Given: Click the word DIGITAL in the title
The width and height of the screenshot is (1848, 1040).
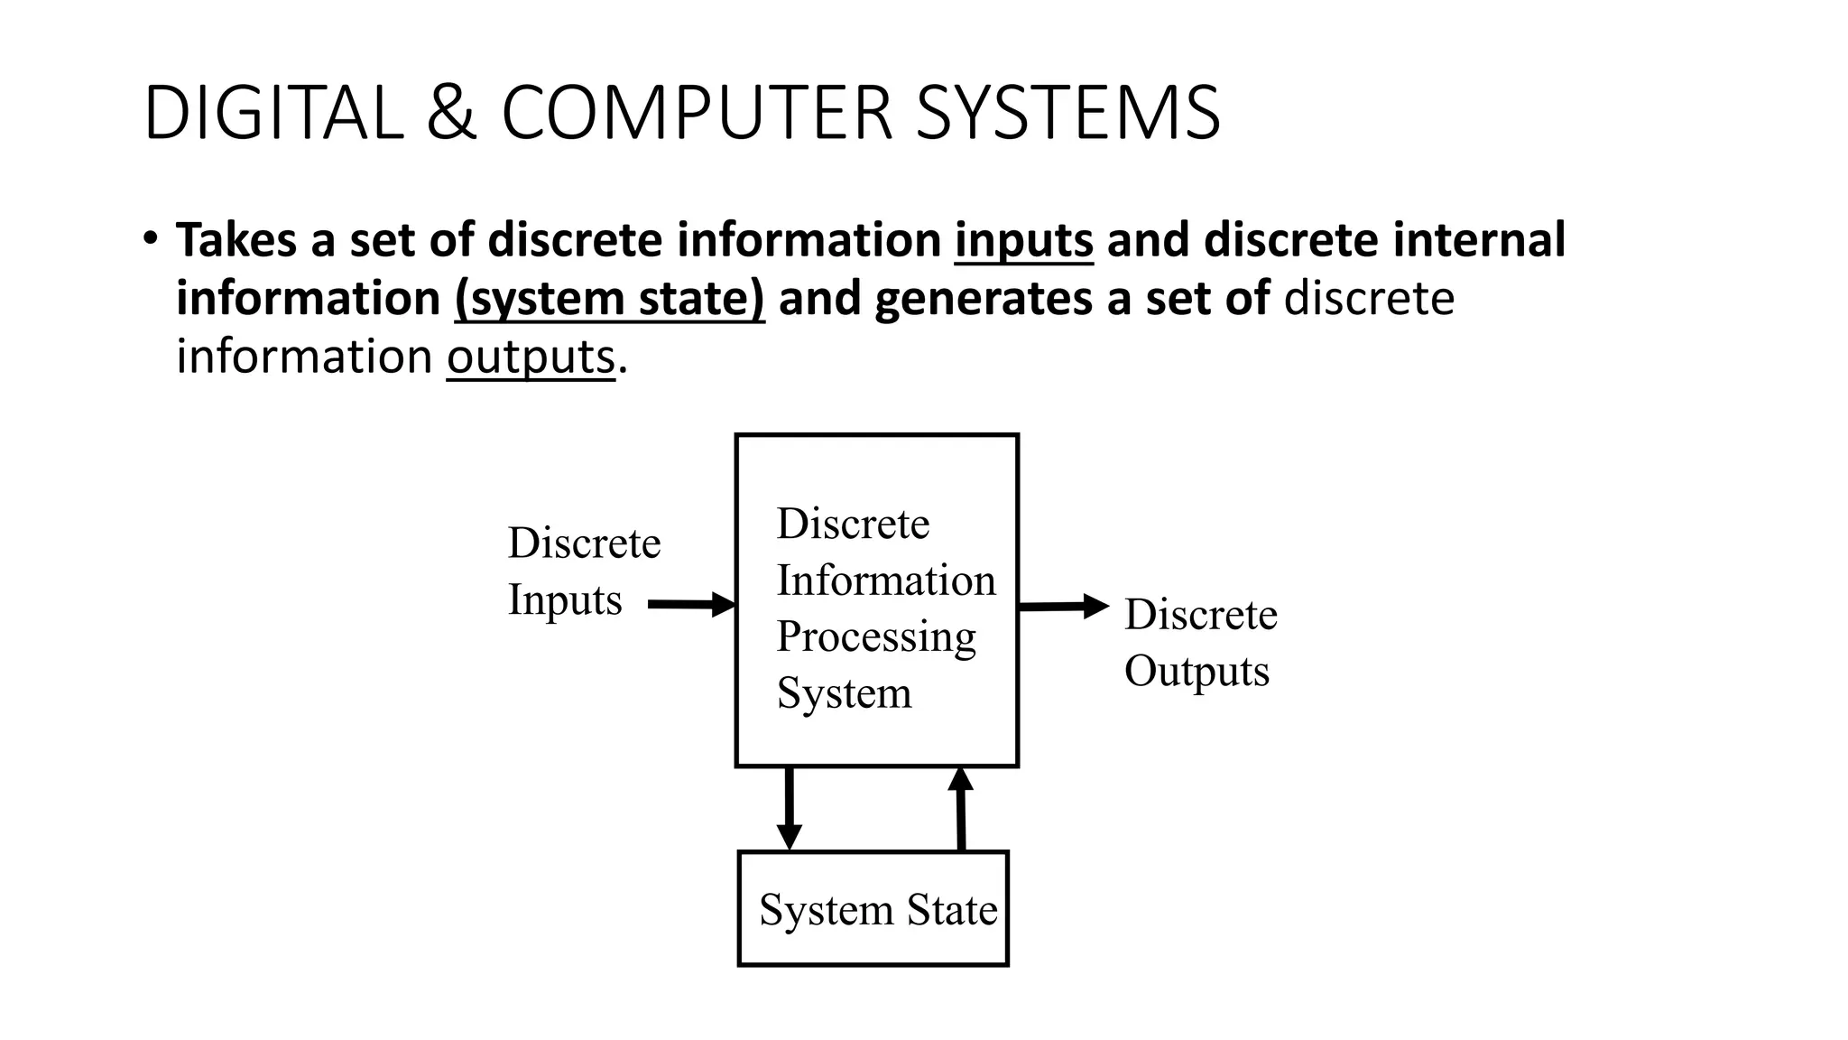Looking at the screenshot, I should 273,114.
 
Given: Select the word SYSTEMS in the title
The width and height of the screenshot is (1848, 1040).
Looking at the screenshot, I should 1067,114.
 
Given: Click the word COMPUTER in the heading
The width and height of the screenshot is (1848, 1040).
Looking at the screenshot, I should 696,114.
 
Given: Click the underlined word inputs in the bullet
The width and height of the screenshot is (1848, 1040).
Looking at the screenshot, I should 1023,240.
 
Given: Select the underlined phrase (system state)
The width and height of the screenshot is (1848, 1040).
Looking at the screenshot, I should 609,299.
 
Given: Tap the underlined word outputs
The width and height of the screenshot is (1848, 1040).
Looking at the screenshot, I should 531,357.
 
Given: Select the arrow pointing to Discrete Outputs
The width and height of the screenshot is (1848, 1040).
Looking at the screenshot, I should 1063,606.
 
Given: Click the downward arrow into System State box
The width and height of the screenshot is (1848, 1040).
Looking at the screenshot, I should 790,808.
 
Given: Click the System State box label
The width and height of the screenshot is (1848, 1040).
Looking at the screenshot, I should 877,909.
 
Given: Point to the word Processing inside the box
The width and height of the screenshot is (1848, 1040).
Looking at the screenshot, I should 875,637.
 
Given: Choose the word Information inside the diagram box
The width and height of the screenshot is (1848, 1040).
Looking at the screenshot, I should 885,580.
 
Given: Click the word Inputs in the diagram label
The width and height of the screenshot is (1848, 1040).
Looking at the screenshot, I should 565,599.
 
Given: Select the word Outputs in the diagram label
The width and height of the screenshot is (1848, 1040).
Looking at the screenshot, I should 1197,671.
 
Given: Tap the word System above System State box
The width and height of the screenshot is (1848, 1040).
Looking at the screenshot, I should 844,693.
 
